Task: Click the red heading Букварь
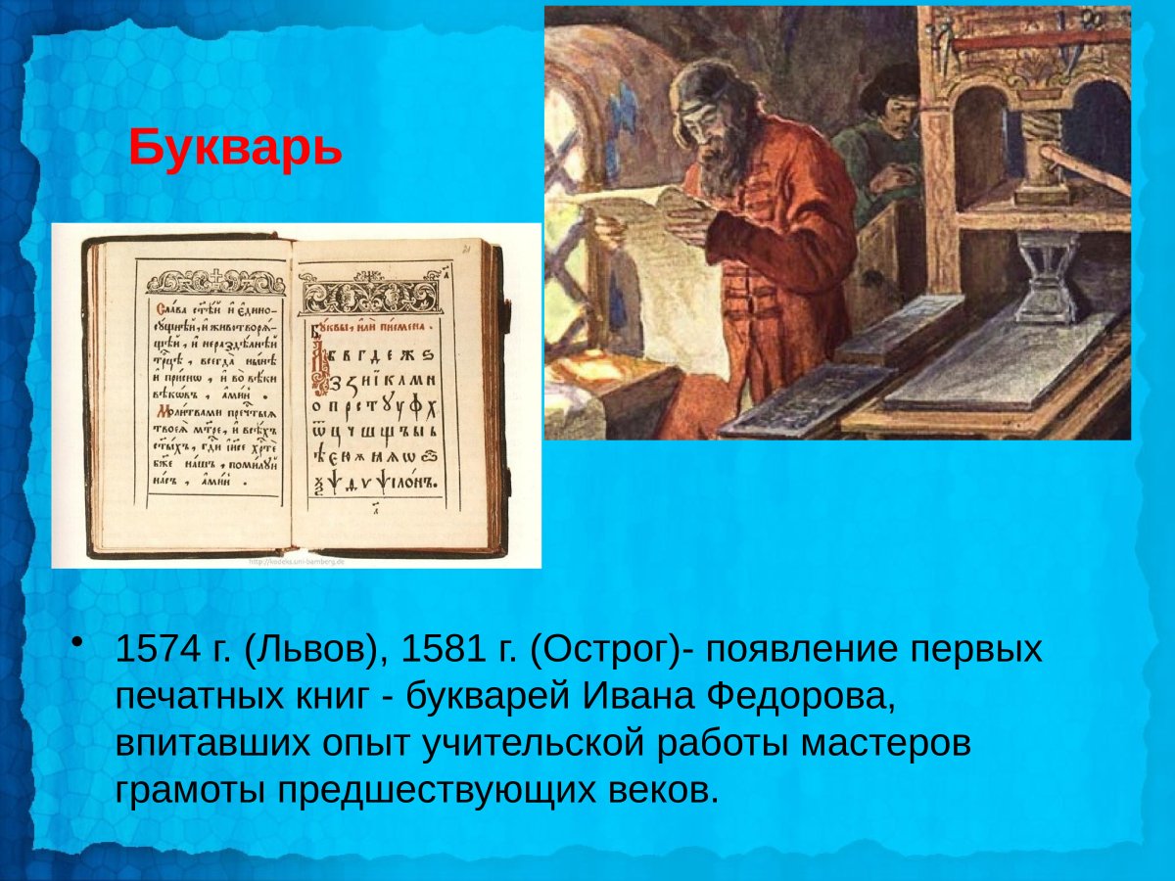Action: click(x=235, y=148)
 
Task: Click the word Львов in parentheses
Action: click(x=310, y=649)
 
